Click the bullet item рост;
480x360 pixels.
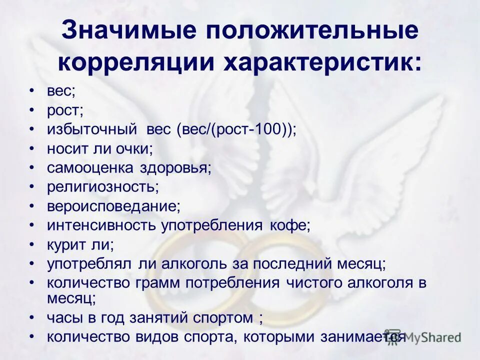[65, 111]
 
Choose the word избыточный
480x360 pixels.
[92, 130]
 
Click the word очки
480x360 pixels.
[134, 149]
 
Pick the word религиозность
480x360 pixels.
[102, 187]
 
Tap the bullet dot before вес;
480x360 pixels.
[32, 91]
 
